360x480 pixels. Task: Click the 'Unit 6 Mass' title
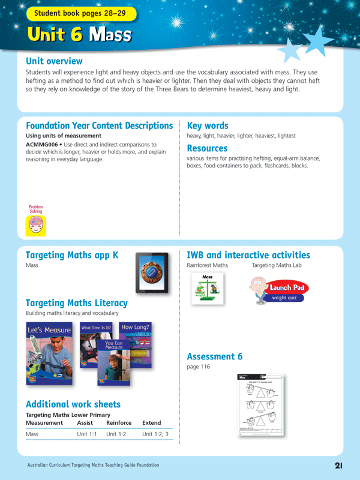79,35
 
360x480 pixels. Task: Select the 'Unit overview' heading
54,61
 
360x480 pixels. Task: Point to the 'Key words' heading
208,125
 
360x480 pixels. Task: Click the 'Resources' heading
207,148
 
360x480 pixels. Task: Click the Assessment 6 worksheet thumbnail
260,406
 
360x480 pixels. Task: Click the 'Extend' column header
151,422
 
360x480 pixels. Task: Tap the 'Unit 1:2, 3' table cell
155,433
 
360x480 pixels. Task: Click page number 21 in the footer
338,466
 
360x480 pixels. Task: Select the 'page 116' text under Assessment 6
199,367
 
